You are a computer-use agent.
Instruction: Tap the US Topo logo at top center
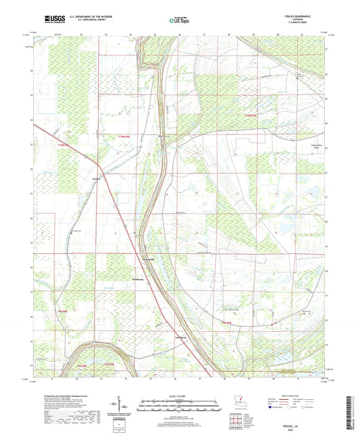[x=180, y=21]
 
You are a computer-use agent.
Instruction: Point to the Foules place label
[x=96, y=178]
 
